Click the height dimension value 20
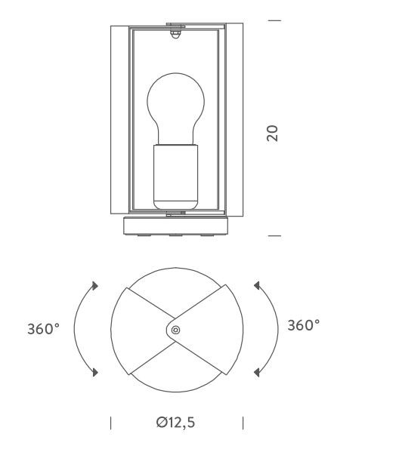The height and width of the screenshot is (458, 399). [272, 134]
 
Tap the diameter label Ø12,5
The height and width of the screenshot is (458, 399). [175, 423]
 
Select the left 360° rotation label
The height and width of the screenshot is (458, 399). [43, 329]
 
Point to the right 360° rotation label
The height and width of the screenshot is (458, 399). [303, 325]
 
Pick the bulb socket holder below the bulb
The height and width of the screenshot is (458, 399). [175, 177]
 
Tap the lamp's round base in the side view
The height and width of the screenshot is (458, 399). [175, 226]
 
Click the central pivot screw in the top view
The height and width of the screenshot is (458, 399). [175, 330]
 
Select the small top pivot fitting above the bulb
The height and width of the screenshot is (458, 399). [175, 33]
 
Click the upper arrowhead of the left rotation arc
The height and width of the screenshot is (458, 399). [94, 285]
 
